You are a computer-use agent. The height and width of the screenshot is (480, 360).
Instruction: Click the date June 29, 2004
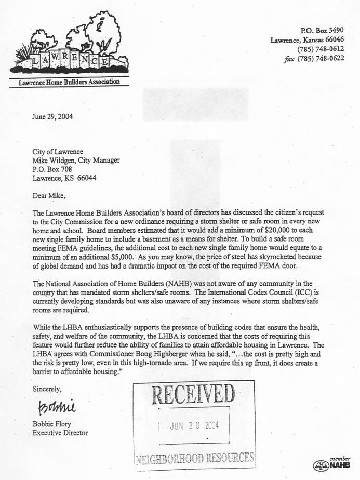pos(52,116)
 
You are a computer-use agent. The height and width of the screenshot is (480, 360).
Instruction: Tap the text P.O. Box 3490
pos(323,31)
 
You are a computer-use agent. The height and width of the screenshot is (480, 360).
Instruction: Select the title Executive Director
pos(60,432)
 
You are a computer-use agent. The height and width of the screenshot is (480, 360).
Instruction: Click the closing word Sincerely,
pos(47,389)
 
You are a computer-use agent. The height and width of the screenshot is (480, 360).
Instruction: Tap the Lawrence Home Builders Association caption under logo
pos(69,82)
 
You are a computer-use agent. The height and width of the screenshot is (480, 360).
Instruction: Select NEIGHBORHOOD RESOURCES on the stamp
pos(194,458)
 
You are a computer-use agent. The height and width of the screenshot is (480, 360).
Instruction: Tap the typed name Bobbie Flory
pos(52,423)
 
